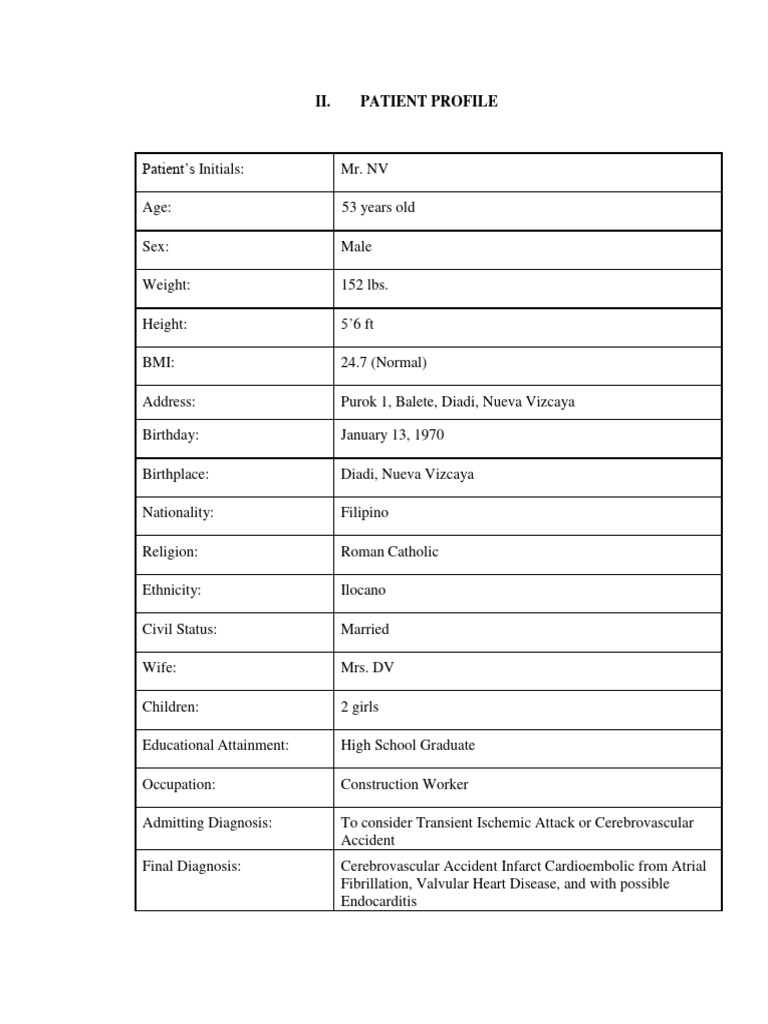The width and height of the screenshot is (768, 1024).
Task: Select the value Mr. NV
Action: (364, 169)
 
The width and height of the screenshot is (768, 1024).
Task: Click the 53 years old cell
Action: (378, 208)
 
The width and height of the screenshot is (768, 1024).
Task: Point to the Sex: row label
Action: (155, 247)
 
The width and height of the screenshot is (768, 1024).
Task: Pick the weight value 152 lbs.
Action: (365, 286)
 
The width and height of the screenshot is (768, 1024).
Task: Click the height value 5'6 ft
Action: (358, 325)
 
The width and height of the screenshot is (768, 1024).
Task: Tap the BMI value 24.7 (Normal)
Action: (383, 363)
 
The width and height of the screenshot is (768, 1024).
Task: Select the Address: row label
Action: (168, 402)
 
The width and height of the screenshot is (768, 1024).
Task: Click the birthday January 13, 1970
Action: (393, 436)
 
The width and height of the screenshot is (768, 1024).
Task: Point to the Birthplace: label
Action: (176, 475)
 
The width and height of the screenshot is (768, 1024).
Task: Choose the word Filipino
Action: (365, 513)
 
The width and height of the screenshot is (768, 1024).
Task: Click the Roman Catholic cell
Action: (390, 552)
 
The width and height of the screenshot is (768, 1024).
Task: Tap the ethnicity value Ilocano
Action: (363, 591)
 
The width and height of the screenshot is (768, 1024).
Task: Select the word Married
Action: (365, 630)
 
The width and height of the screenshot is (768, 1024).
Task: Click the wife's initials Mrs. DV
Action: (367, 668)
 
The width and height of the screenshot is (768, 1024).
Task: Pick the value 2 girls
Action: (360, 707)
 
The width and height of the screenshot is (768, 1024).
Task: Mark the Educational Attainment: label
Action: (215, 745)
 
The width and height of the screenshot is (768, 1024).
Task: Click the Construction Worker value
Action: (404, 785)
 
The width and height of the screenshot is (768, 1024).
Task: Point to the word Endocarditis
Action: (379, 901)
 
